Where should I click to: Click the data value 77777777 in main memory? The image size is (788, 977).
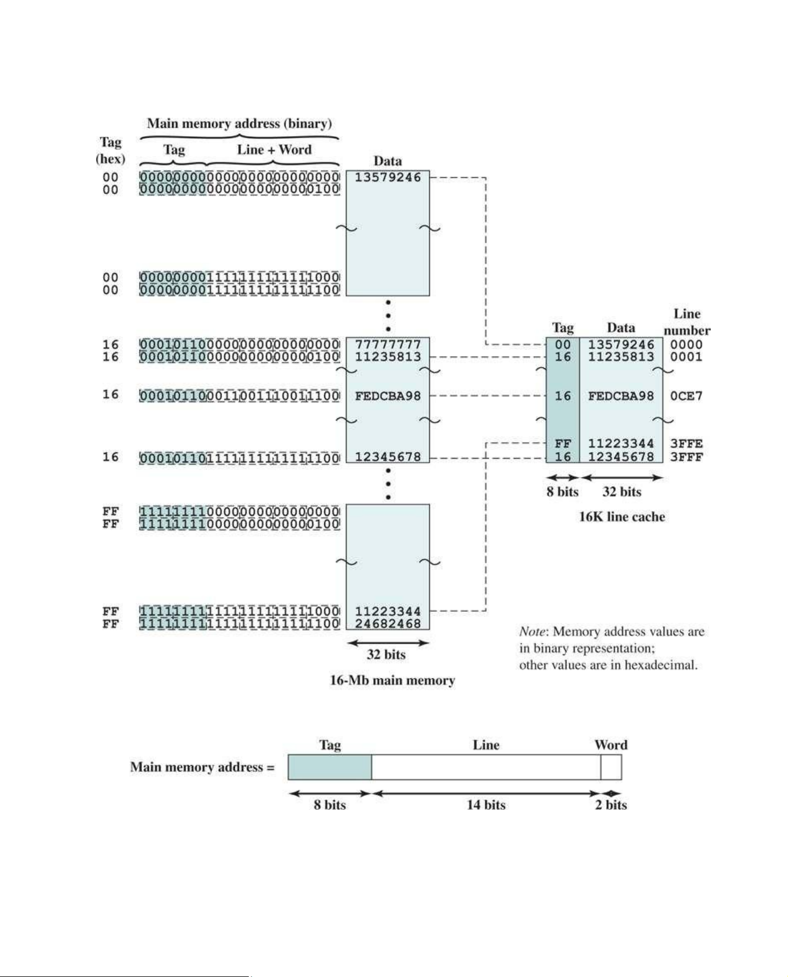pyautogui.click(x=388, y=344)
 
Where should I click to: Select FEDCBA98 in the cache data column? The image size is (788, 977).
pyautogui.click(x=621, y=396)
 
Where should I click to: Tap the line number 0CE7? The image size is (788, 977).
pyautogui.click(x=686, y=396)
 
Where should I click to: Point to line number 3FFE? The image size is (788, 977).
pyautogui.click(x=686, y=444)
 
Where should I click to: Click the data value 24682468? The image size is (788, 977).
pyautogui.click(x=388, y=623)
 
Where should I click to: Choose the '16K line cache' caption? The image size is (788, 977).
pyautogui.click(x=622, y=517)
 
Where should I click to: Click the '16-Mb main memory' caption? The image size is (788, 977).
pyautogui.click(x=393, y=680)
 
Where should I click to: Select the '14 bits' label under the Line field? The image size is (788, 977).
pyautogui.click(x=486, y=805)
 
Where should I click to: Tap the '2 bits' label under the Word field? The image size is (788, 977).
pyautogui.click(x=611, y=805)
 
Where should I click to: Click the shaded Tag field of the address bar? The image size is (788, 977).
pyautogui.click(x=330, y=767)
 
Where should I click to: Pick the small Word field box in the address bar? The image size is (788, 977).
pyautogui.click(x=611, y=767)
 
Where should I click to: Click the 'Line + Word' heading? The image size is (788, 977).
pyautogui.click(x=274, y=149)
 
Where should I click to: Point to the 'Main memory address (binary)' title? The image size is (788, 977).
pyautogui.click(x=239, y=123)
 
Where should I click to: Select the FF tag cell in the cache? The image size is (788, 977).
pyautogui.click(x=563, y=444)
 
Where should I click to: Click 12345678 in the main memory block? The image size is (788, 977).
pyautogui.click(x=388, y=457)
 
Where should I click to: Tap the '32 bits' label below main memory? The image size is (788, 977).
pyautogui.click(x=386, y=654)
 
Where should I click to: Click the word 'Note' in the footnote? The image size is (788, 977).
pyautogui.click(x=531, y=632)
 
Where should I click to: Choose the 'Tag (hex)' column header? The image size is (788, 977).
pyautogui.click(x=111, y=151)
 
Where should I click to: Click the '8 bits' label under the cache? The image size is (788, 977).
pyautogui.click(x=563, y=492)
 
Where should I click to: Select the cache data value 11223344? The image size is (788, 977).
pyautogui.click(x=621, y=444)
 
